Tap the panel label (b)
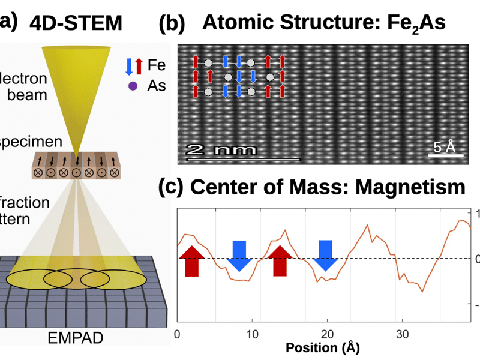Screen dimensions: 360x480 [171, 24]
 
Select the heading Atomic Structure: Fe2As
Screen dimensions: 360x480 [324, 22]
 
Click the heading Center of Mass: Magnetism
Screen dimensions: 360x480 [328, 187]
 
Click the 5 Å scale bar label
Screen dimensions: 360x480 [445, 146]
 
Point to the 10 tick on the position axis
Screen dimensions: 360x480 [252, 334]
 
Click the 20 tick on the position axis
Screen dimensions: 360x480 [327, 334]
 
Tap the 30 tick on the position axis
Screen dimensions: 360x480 [402, 334]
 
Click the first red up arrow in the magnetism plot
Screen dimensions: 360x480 [191, 260]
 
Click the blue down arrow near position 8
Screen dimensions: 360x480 [239, 255]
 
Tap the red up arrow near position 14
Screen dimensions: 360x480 [280, 260]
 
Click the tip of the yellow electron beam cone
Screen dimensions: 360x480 [77, 151]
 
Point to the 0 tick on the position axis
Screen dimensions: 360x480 [177, 334]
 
